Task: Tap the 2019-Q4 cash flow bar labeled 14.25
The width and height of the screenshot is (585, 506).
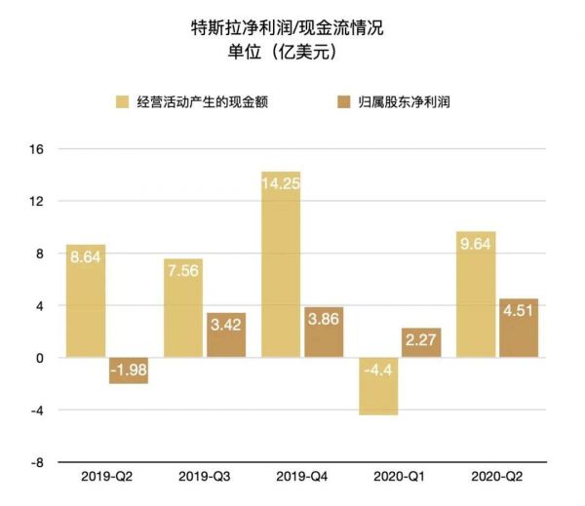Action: tap(281, 264)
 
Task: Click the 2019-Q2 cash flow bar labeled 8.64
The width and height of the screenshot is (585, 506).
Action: tap(86, 301)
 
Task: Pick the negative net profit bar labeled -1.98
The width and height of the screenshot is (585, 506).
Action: tap(129, 370)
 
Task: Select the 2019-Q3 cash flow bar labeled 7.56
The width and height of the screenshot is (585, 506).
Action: tap(183, 308)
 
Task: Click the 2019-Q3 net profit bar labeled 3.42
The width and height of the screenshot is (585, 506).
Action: tap(226, 335)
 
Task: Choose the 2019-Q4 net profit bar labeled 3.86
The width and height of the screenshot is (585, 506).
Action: tap(324, 332)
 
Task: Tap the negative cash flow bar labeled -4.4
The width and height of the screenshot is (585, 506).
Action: tap(378, 386)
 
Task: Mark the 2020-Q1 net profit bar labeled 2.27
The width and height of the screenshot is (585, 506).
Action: tap(421, 343)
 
